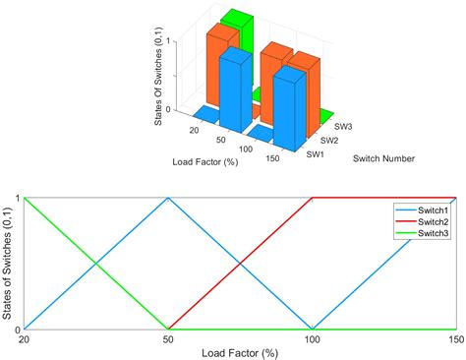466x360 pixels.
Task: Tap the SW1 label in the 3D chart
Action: click(315, 154)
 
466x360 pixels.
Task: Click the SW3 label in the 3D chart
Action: click(343, 127)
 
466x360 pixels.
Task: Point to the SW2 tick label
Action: click(329, 141)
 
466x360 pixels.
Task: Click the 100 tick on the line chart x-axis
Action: click(312, 339)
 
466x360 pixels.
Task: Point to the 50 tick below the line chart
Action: click(168, 339)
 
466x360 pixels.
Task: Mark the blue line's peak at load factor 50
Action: click(168, 198)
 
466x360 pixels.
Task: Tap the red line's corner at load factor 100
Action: click(312, 198)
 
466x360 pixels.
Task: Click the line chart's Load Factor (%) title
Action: click(241, 352)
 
